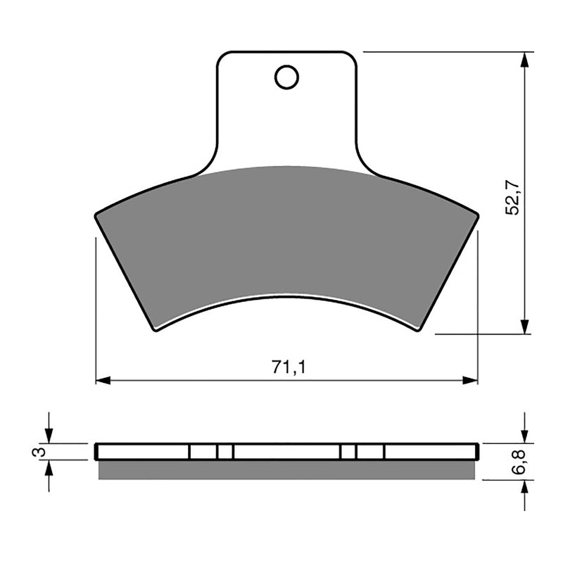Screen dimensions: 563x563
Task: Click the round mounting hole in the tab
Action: [x=286, y=77]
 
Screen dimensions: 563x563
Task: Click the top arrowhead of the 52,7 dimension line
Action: [x=524, y=59]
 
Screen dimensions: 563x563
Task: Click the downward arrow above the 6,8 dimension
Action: [x=524, y=436]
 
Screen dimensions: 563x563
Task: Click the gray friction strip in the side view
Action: [x=287, y=470]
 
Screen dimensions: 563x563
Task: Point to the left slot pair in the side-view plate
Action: [x=211, y=452]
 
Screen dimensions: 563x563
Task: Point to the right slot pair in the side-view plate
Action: [x=362, y=452]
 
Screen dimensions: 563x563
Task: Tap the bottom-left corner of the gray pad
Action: [x=156, y=329]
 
